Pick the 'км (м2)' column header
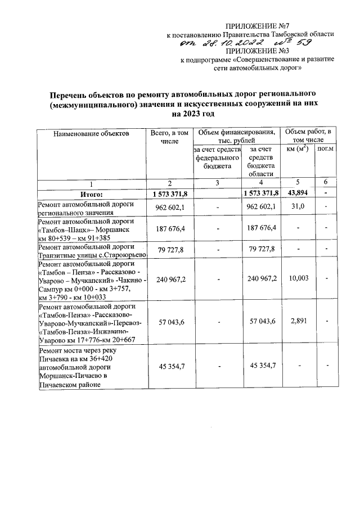[298, 149]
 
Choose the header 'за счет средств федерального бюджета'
[217, 158]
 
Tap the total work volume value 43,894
[299, 193]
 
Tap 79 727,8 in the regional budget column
[260, 250]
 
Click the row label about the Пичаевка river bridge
[90, 367]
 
